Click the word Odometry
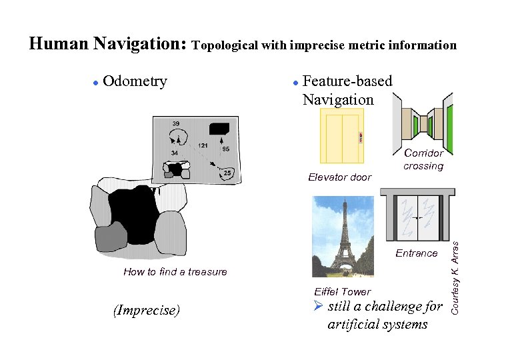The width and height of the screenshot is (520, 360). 135,82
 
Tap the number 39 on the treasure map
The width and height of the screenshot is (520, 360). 175,124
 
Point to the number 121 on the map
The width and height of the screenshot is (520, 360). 203,145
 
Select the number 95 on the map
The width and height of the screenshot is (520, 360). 226,149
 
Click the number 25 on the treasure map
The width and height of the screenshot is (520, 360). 227,173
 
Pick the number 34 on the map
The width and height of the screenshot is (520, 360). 174,153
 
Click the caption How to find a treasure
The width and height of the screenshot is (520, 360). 175,272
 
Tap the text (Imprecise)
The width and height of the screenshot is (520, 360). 146,311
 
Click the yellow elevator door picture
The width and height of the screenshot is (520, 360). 342,136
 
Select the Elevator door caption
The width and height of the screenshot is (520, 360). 339,177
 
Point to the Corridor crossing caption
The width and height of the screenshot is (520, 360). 423,160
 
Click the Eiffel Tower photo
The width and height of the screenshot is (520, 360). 343,236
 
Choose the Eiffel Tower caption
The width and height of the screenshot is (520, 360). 342,292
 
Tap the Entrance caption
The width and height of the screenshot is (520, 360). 416,253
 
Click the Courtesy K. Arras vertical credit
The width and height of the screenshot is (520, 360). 455,276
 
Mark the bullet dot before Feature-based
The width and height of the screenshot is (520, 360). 295,83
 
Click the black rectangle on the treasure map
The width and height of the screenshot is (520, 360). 219,128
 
